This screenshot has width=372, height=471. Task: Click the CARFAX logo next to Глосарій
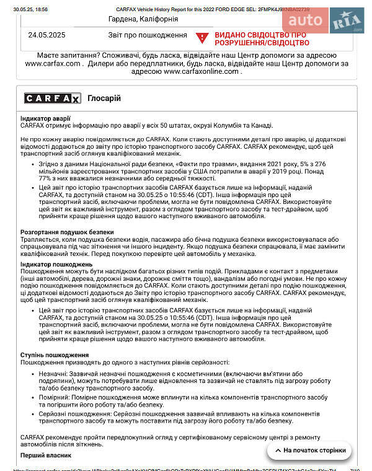52,99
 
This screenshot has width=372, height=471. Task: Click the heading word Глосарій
104,99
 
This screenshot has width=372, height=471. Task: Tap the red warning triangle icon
201,38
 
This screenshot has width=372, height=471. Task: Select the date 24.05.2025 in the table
47,35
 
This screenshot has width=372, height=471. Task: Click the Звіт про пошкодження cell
151,35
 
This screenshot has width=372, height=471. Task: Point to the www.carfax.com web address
53,63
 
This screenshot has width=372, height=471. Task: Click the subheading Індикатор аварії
45,118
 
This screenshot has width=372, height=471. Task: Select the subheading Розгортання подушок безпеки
67,232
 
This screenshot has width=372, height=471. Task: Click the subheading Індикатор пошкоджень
56,265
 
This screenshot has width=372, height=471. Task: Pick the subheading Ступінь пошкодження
54,354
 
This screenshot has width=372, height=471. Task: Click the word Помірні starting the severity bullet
54,397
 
